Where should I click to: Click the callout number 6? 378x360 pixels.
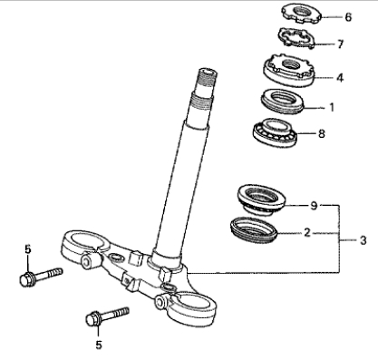pos(348,17)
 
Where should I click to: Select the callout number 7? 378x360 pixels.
pos(341,44)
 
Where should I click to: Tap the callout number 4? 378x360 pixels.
pos(340,78)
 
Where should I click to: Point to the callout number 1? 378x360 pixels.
pos(332,107)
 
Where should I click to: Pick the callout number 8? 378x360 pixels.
pos(322,133)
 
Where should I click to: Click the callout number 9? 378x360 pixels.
pos(315,206)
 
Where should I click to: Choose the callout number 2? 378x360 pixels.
pos(307,233)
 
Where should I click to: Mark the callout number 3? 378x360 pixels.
pos(363,240)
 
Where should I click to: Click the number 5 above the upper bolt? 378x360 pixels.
pos(28,249)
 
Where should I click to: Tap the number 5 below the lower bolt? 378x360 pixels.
pos(99,345)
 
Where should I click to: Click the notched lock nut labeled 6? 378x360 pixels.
pos(302,14)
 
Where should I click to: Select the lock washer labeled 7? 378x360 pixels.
pos(296,38)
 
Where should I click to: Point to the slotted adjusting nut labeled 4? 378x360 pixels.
pos(288,70)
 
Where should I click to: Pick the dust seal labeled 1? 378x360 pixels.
pos(283,102)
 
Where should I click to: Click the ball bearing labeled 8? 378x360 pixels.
pos(275,132)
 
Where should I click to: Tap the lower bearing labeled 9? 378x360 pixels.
pos(261,199)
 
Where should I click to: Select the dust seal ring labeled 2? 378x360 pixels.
pos(254,230)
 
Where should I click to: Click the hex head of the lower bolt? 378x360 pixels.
pos(92,319)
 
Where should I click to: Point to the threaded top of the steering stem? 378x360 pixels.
pos(207,77)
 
